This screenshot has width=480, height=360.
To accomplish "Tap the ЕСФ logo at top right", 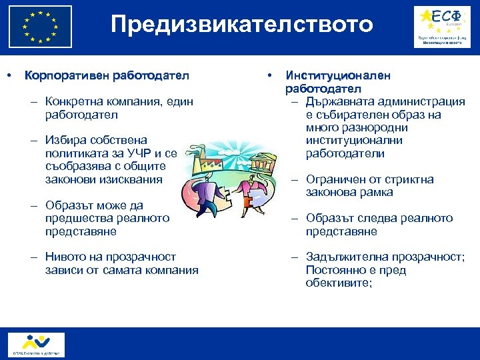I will coord(441,27).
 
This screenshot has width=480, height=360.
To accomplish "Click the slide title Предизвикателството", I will coord(241,25).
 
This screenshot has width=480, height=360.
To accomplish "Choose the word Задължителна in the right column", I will coord(346,257).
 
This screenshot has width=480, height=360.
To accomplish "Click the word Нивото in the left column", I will coord(66,257).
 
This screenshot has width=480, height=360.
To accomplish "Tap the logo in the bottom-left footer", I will coord(37,344).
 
